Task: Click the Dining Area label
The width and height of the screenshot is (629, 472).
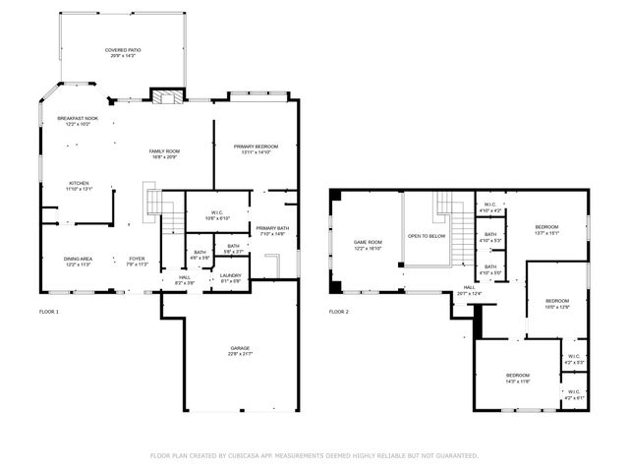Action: [79, 261]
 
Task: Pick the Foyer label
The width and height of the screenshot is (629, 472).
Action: [137, 261]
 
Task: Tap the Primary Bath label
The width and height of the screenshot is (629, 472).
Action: [272, 230]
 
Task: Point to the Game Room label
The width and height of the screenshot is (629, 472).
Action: [369, 244]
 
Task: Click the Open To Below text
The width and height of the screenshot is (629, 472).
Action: [428, 236]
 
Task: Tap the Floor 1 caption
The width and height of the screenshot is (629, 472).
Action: [49, 312]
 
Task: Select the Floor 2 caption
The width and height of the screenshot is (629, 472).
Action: [339, 312]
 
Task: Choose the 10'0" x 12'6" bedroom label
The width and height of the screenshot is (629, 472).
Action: [557, 303]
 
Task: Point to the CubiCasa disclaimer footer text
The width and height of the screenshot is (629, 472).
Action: [314, 455]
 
